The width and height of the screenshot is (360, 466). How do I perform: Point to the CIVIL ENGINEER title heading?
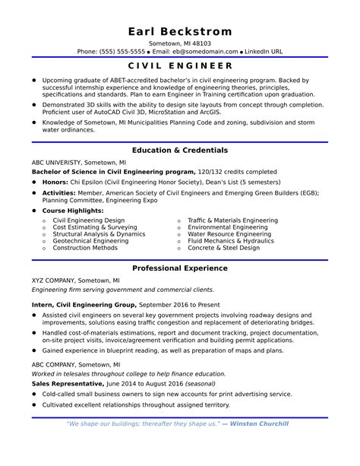coord(180,66)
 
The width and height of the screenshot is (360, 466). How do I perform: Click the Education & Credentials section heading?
coord(180,151)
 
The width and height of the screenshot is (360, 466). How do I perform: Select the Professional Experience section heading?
coord(180,268)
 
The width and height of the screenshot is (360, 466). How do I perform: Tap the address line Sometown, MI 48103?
coord(180,43)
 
